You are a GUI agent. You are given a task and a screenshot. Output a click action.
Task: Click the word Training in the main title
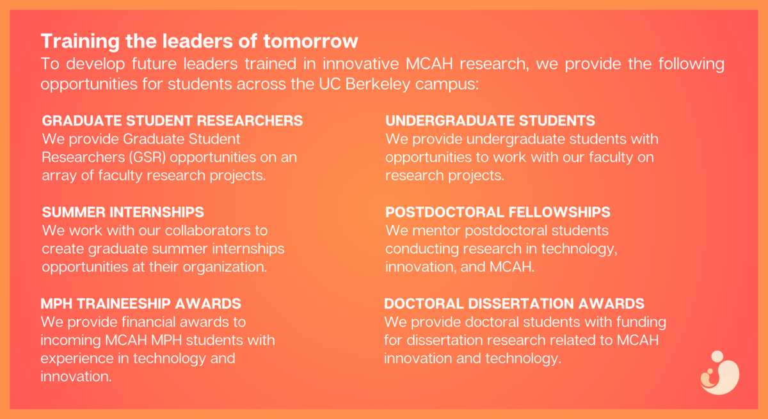pyautogui.click(x=80, y=42)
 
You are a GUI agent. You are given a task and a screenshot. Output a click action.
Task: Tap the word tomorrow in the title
pyautogui.click(x=310, y=41)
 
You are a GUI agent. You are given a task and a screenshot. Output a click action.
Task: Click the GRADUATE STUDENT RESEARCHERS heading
pyautogui.click(x=172, y=121)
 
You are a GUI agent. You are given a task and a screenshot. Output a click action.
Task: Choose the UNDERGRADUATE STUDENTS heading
pyautogui.click(x=490, y=121)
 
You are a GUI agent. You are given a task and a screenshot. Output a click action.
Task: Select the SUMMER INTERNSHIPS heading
pyautogui.click(x=123, y=212)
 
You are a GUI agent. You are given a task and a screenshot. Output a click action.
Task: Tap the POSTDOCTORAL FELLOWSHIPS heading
pyautogui.click(x=498, y=212)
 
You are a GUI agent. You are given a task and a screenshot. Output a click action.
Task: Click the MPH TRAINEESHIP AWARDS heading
pyautogui.click(x=141, y=304)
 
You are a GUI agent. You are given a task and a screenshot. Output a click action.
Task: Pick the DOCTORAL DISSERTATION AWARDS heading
pyautogui.click(x=514, y=304)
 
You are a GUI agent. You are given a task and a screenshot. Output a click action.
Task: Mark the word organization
pyautogui.click(x=225, y=267)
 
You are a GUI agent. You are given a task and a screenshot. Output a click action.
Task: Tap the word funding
pyautogui.click(x=641, y=322)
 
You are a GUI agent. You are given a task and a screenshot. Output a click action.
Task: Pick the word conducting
pyautogui.click(x=422, y=249)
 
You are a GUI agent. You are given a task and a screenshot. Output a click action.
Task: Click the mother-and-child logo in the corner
pyautogui.click(x=719, y=373)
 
